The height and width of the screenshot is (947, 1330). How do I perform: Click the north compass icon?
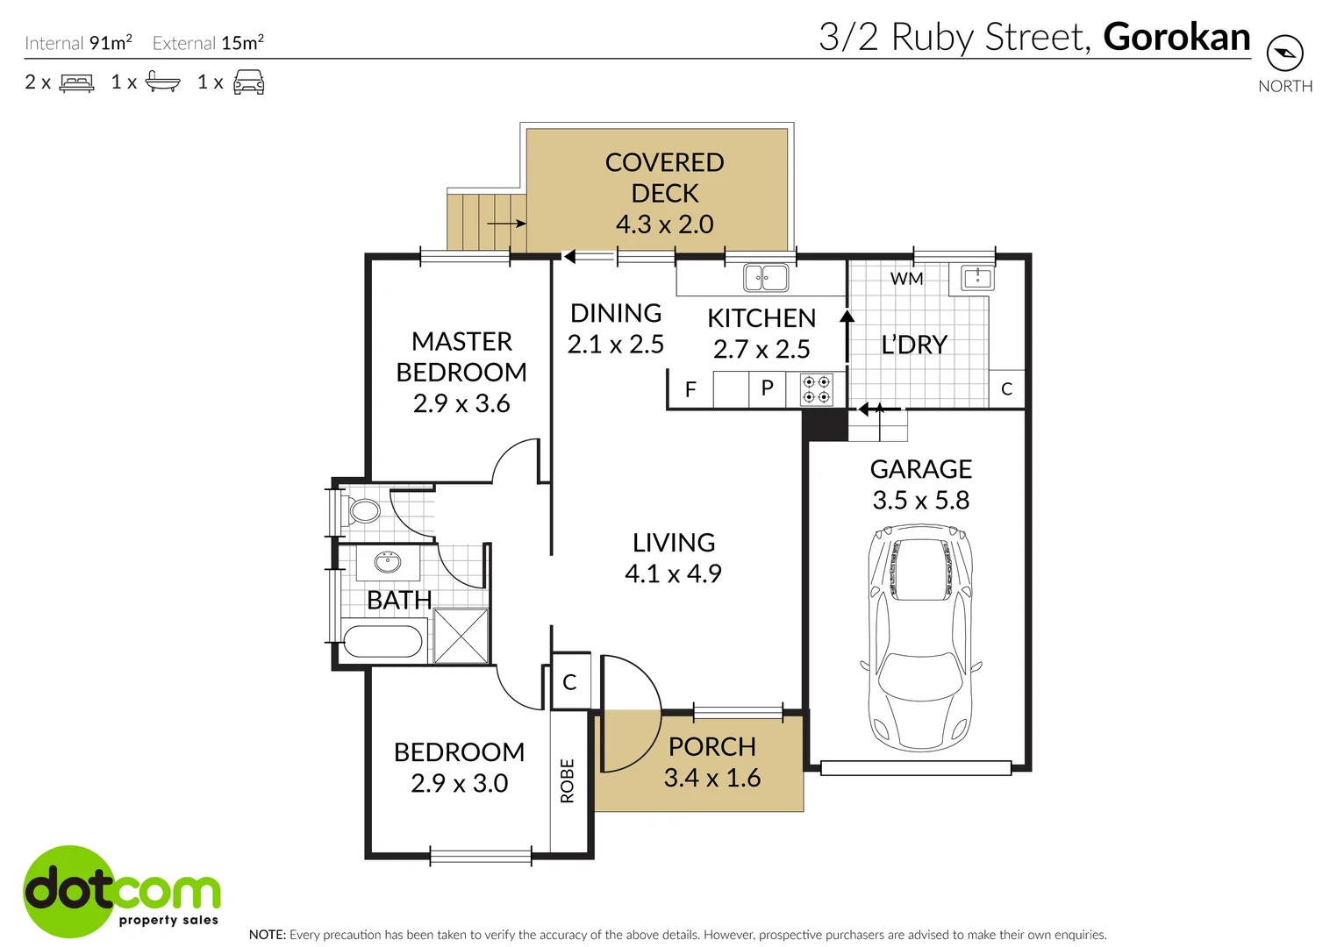coord(1285,53)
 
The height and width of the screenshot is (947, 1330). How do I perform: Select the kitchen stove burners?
coord(817,390)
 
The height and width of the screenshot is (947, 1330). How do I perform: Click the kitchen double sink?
coord(765,278)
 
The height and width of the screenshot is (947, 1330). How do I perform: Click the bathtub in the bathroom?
coord(383,640)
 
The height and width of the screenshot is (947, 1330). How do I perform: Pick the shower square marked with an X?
coord(461,636)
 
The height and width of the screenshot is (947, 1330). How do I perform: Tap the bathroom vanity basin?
coord(388,561)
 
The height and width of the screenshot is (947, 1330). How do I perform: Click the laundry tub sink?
coord(977,278)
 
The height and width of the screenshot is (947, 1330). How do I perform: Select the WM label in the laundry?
coord(906,279)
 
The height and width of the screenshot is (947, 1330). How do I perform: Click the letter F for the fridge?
coord(690,389)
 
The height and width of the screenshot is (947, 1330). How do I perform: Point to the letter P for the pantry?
coord(767,388)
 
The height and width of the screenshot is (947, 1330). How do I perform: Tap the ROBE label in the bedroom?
coord(568,780)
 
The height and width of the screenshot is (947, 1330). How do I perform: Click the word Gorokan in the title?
coord(1176,37)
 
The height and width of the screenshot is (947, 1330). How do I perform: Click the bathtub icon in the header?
coord(162,82)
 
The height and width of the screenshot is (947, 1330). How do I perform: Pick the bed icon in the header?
coord(76,83)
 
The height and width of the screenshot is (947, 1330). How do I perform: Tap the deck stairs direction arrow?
coord(506,224)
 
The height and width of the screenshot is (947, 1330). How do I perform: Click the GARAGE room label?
coord(920,469)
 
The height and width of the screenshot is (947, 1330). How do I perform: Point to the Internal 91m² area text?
coord(78,42)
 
